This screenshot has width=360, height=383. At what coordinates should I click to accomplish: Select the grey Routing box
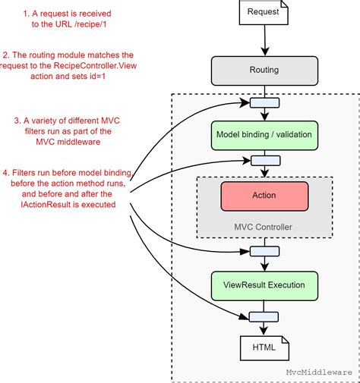(x=264, y=69)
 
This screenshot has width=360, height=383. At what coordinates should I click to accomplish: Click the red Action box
(x=264, y=196)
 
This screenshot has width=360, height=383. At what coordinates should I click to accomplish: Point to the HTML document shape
(x=264, y=348)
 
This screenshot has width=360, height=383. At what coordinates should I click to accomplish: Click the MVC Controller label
(x=264, y=227)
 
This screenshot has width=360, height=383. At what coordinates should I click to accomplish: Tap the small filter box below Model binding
(x=264, y=161)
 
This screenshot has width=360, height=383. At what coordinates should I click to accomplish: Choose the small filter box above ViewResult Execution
(x=264, y=251)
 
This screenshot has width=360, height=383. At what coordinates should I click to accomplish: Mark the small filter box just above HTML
(x=264, y=317)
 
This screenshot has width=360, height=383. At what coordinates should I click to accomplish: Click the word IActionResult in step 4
(x=47, y=203)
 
